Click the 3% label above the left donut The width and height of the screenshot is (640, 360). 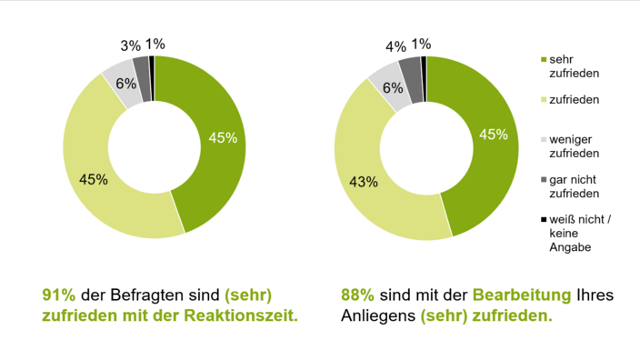click(130, 45)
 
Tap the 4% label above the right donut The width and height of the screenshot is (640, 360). click(395, 45)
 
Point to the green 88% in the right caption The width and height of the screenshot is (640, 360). click(357, 295)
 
